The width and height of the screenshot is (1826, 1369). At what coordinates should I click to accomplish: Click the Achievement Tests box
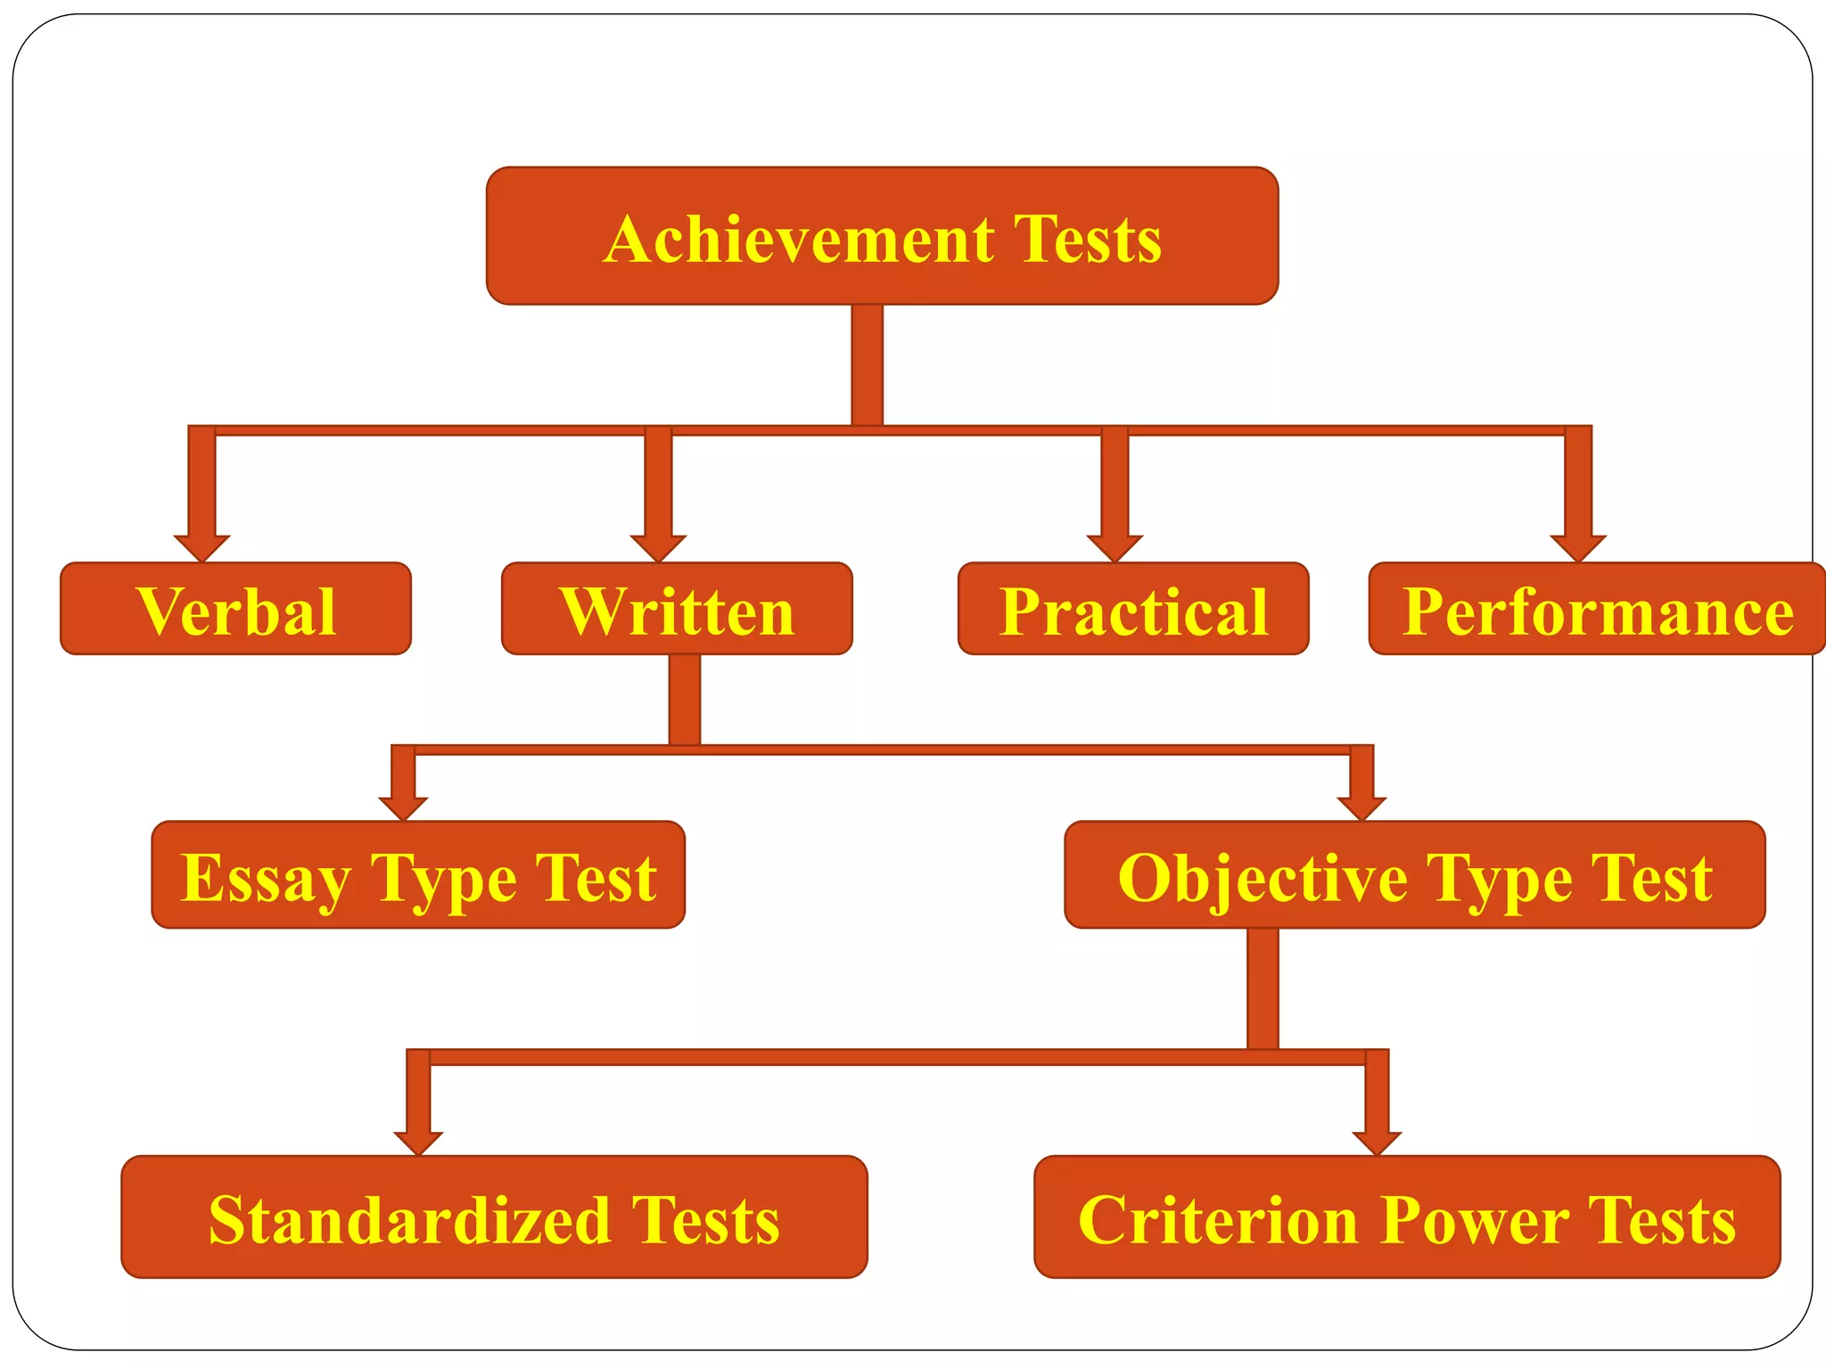point(882,236)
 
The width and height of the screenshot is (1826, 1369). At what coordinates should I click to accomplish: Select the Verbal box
point(235,609)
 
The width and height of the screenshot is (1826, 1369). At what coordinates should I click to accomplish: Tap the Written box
point(677,609)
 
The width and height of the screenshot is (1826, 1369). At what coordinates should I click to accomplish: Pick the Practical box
point(1133,609)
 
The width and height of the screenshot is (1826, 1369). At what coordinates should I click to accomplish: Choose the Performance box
point(1596,609)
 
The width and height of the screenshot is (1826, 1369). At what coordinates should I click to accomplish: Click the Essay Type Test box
point(418,875)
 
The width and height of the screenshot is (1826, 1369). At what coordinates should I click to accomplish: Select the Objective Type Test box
point(1414,875)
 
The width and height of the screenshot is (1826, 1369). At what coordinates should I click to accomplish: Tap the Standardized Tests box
point(494,1217)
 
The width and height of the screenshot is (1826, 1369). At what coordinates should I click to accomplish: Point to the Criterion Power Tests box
point(1407,1217)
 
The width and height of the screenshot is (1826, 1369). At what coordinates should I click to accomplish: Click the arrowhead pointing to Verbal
point(202,547)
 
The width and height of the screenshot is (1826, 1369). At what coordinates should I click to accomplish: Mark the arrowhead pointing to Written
point(658,547)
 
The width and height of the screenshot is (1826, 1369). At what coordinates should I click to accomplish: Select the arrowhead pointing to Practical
point(1115,547)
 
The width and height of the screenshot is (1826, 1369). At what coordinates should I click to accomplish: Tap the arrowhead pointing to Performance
point(1578,547)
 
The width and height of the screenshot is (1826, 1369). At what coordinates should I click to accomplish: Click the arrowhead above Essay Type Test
point(403,807)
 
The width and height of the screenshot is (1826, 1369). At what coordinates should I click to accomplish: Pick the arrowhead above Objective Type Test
point(1361,807)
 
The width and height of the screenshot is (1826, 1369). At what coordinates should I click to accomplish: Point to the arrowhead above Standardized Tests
point(418,1143)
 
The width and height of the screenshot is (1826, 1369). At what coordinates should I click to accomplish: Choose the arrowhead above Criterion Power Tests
point(1377,1143)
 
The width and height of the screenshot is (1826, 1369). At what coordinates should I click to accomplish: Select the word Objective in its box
point(1263,879)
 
